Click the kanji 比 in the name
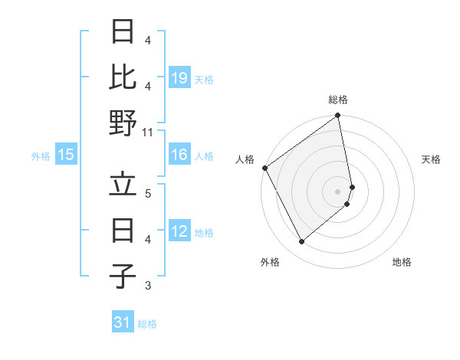point(123,77)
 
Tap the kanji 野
point(123,123)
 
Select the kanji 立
point(123,185)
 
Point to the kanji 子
point(123,277)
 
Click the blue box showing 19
point(179,78)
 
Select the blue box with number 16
point(179,155)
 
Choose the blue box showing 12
point(179,232)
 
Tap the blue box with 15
point(66,155)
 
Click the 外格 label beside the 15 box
point(41,156)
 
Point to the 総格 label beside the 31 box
point(147,324)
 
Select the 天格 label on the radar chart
point(431,159)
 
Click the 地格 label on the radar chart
point(402,262)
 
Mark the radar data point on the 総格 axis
point(338,116)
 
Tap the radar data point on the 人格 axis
point(264,168)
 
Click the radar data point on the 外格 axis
point(301,242)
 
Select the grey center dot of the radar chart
point(338,191)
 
